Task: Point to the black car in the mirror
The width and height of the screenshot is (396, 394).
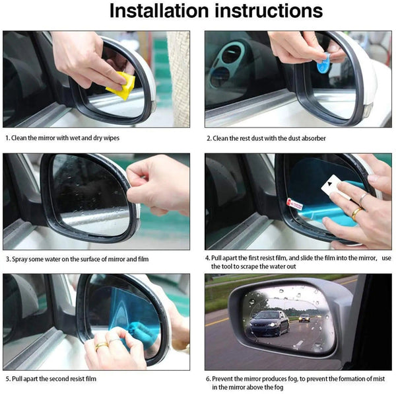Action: point(269,322)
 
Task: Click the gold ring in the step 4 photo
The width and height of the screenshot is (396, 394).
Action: point(356,213)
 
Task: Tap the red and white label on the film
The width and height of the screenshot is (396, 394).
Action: point(296,206)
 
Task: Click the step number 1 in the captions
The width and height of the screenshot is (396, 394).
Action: point(7,138)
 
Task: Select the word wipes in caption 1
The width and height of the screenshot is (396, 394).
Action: point(110,138)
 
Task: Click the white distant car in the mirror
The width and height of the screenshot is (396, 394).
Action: point(304,317)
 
